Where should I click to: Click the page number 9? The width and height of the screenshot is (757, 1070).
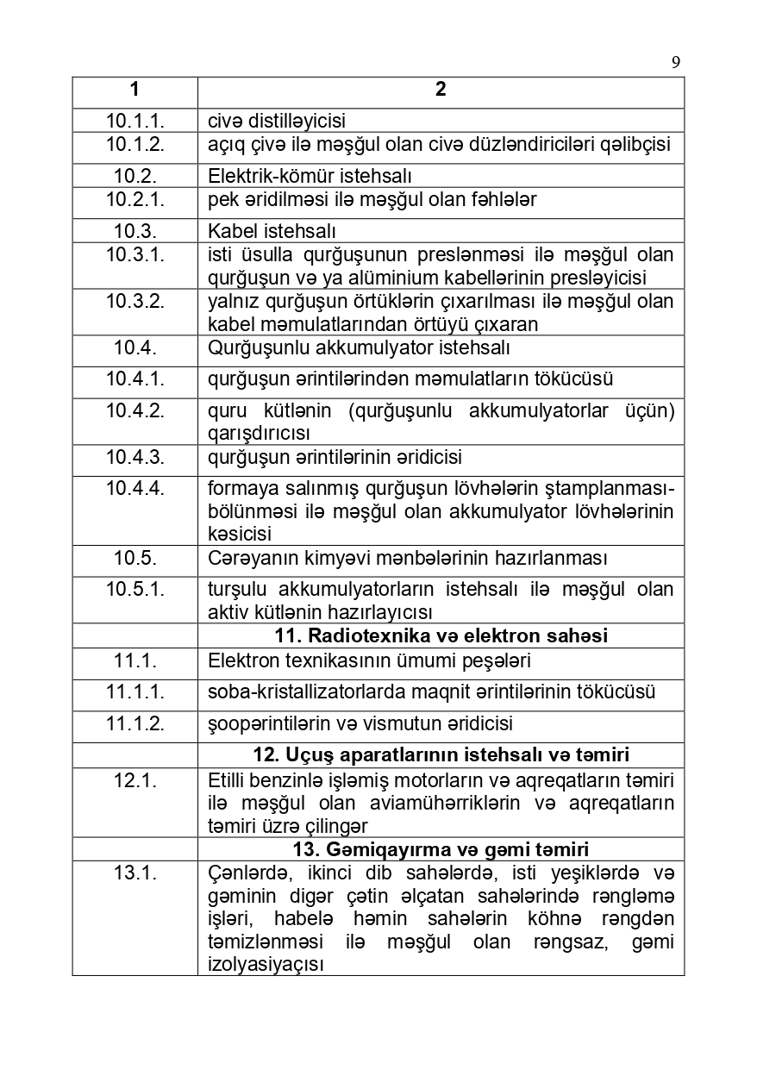point(675,61)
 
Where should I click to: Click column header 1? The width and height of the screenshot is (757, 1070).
point(135,90)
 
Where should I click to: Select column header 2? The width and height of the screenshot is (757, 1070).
point(441,90)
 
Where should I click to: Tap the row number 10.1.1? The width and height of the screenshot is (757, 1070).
point(135,121)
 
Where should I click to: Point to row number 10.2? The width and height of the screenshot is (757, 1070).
point(135,177)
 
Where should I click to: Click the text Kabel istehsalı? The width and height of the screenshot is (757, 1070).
point(272,232)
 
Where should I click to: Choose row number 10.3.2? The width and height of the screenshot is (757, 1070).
point(135,301)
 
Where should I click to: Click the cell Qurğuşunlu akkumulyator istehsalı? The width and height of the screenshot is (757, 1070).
point(359,347)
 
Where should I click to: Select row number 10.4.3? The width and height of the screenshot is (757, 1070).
point(135,457)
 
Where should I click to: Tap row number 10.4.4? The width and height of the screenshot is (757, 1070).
point(135,488)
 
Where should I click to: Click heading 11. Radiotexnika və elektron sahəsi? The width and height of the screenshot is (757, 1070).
point(441,636)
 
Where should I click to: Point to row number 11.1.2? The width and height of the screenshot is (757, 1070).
point(135,723)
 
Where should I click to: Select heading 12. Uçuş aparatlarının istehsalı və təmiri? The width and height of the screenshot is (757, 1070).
point(441,755)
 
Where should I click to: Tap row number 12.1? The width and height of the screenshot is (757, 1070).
point(135,780)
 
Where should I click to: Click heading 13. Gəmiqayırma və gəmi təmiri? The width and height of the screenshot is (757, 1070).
point(441,848)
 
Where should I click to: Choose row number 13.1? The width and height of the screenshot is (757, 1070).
point(135,873)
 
